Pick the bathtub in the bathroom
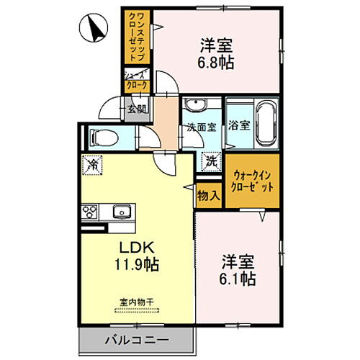point(264,124)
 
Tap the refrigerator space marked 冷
point(91,164)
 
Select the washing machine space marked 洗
point(212,163)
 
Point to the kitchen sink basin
point(121,212)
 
